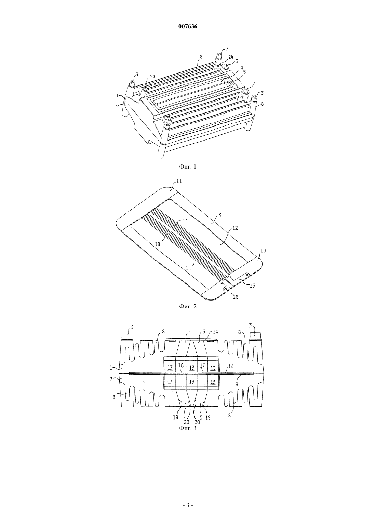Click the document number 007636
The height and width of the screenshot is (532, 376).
(188, 26)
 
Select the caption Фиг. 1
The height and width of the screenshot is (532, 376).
(188, 167)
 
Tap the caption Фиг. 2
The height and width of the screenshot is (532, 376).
(188, 306)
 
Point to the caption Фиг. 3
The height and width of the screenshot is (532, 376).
(188, 428)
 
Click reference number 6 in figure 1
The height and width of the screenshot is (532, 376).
(236, 61)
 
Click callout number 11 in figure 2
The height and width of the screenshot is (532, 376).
(179, 181)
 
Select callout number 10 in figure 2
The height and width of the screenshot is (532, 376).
(263, 251)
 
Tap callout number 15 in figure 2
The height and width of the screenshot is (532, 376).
(252, 285)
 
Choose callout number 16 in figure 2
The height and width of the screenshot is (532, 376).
(236, 297)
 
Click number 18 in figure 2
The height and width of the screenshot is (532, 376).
(157, 244)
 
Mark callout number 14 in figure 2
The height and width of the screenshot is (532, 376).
(188, 268)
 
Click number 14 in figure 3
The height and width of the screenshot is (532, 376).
(215, 332)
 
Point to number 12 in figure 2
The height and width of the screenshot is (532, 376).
(235, 228)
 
